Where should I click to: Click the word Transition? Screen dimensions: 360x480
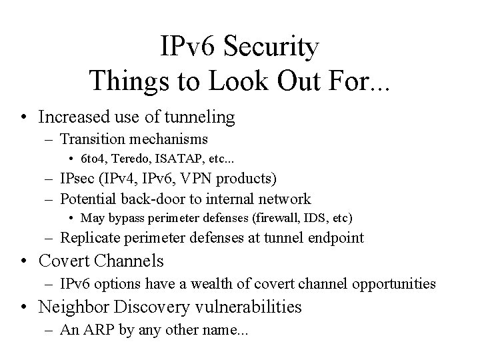click(92, 139)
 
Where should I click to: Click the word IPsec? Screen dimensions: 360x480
click(78, 179)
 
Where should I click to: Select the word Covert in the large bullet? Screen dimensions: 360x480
click(63, 261)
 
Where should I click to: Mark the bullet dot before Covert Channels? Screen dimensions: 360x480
click(23, 261)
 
